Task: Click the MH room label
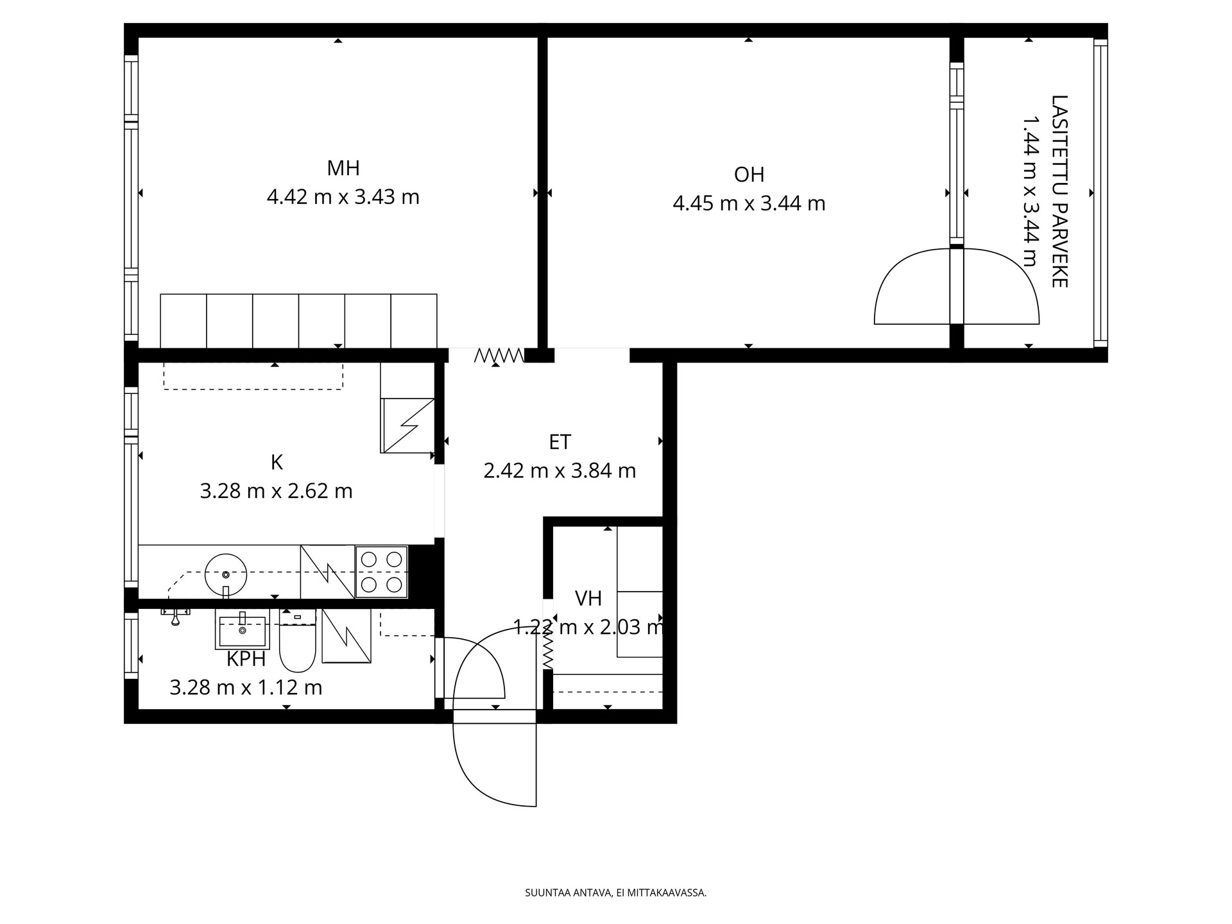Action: tap(343, 169)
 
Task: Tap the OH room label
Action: tap(749, 175)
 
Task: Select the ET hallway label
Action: tap(560, 442)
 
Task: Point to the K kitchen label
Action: tap(277, 462)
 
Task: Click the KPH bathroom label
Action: tap(246, 659)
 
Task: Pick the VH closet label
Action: tap(588, 599)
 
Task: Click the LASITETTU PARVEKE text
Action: tap(1059, 191)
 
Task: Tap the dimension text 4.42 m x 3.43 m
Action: tap(343, 197)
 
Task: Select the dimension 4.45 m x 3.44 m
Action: tap(749, 203)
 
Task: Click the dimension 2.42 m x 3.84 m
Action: tap(560, 471)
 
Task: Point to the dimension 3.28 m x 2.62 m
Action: tap(277, 492)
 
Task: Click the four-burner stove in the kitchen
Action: tap(382, 572)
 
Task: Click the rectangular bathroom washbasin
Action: tap(242, 629)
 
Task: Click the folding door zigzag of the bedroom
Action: tap(499, 355)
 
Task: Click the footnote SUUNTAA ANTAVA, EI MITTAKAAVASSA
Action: tap(616, 893)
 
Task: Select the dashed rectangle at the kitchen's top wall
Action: tap(253, 377)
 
